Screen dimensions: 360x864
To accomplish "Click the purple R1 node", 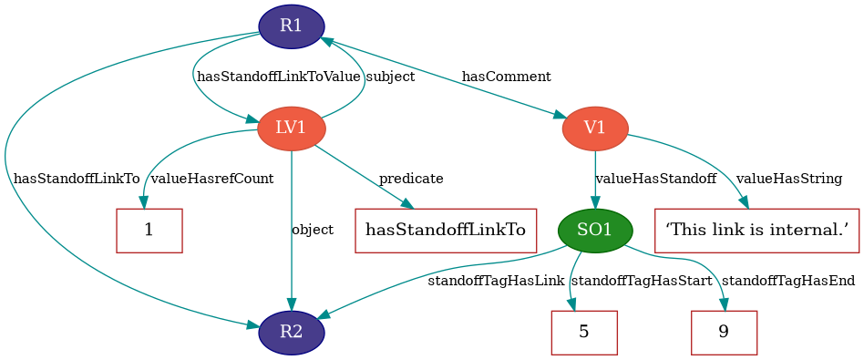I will point(292,26).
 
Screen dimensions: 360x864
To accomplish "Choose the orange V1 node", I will point(595,129).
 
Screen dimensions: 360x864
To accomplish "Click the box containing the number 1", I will point(149,231).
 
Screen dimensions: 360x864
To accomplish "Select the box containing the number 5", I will point(584,332).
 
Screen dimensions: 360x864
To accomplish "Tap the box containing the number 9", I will point(724,332).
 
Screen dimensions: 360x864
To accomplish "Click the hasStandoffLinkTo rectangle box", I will point(446,231).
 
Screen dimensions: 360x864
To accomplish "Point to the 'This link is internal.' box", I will point(757,231).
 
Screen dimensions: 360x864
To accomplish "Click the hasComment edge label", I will point(506,77).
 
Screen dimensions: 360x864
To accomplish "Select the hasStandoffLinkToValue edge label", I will point(279,77).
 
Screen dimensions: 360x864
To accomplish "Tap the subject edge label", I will point(390,77).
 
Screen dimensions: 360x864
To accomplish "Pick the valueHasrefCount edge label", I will point(211,179).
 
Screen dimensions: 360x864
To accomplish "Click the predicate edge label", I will point(411,179).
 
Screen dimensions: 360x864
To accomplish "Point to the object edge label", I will point(313,230).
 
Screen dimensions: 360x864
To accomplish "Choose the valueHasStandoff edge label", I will point(655,179).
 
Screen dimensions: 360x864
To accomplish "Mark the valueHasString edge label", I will point(789,179).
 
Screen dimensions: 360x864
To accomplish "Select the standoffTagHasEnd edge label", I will point(788,281).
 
